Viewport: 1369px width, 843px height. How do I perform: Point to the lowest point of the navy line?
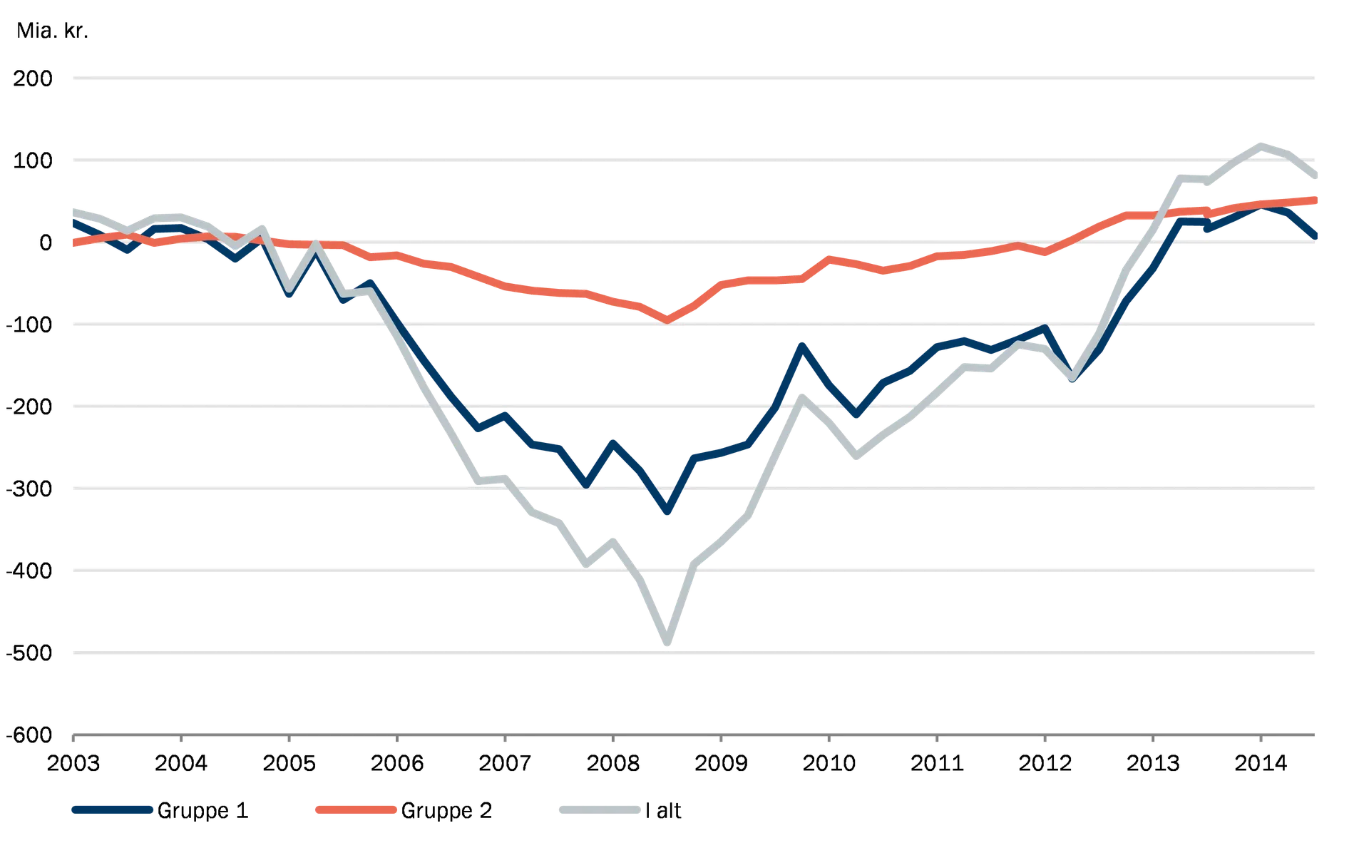(667, 511)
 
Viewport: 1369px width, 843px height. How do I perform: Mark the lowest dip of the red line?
(667, 319)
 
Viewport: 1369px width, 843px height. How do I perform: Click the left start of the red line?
(71, 243)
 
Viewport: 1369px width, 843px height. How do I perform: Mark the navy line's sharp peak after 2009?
(802, 348)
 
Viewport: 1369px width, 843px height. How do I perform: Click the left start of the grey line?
(71, 211)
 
